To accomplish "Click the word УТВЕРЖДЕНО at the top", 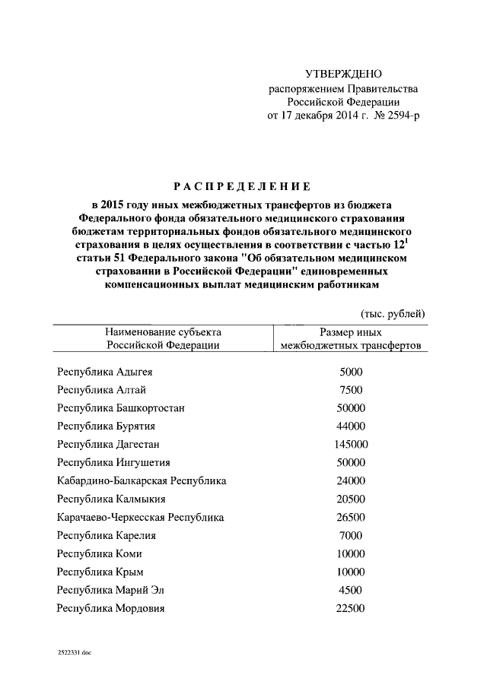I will coord(342,74).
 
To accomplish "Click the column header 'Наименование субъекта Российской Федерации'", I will coord(163,339).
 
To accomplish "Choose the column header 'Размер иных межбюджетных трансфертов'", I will coord(351,339).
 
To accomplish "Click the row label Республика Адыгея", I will coord(104,372).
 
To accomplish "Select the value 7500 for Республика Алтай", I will coord(351,390).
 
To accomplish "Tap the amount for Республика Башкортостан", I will coord(351,408).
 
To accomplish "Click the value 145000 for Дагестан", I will coord(351,445).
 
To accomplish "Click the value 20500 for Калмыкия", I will coord(351,499).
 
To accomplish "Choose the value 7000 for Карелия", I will coord(351,536).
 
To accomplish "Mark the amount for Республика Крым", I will coord(351,572).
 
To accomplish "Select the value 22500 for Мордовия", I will coord(351,609).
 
